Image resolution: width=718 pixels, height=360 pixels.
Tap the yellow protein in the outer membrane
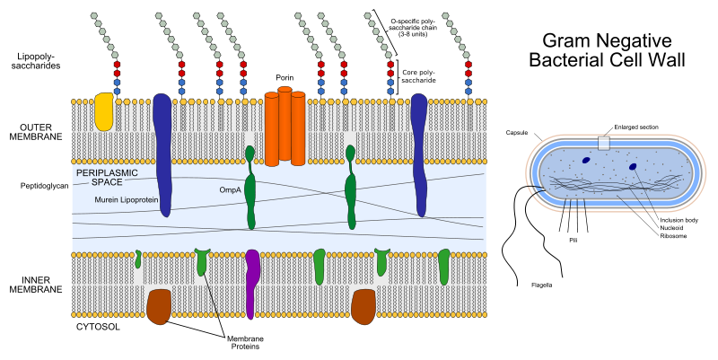(x=103, y=111)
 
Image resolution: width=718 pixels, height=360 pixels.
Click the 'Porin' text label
(x=285, y=78)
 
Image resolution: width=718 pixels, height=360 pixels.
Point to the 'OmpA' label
(x=230, y=189)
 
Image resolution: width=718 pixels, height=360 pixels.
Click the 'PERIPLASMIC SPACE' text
(x=110, y=175)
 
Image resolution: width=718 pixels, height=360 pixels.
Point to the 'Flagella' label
(x=540, y=285)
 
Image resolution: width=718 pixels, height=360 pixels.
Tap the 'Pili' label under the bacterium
(x=572, y=240)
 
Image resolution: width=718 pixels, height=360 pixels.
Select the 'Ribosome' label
(x=672, y=236)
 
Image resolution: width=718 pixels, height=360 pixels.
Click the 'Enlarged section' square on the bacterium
(x=604, y=143)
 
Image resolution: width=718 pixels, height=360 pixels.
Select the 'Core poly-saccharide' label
(x=418, y=75)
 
